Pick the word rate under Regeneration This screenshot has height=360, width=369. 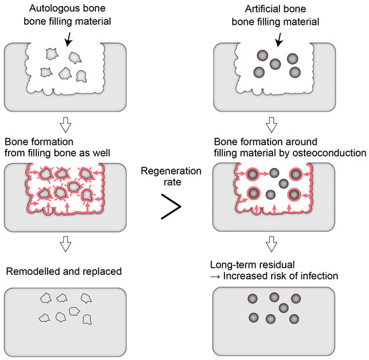click(x=165, y=183)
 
